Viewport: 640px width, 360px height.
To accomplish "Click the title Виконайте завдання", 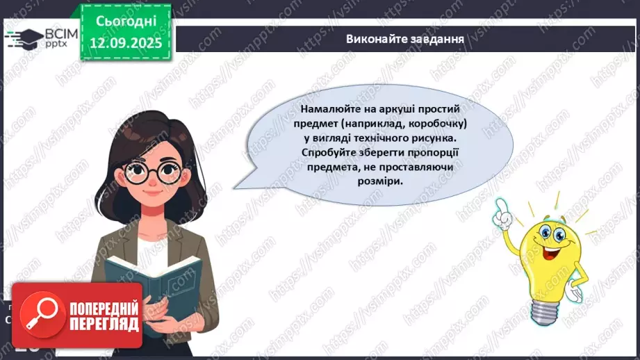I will pyautogui.click(x=405, y=38).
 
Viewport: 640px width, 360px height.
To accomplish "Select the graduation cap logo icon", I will pyautogui.click(x=22, y=38).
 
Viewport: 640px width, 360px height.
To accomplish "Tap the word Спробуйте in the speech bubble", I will pyautogui.click(x=334, y=152).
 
